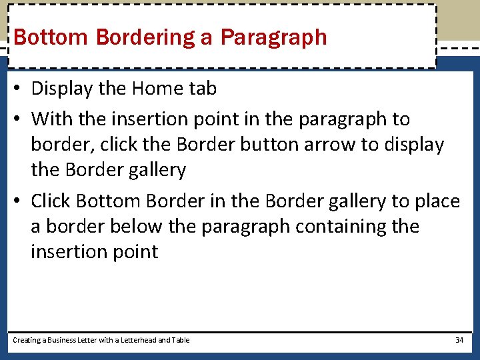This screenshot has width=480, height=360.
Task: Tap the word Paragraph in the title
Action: (273, 37)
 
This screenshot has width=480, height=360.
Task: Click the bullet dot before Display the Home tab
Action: (19, 89)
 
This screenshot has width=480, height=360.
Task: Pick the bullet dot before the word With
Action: (19, 119)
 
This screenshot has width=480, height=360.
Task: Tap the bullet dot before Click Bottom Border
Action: (19, 201)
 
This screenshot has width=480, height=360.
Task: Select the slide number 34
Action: (459, 340)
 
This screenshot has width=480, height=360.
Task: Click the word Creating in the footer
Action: (27, 340)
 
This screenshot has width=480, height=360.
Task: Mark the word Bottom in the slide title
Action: (52, 37)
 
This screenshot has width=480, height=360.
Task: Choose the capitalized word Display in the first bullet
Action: (63, 89)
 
